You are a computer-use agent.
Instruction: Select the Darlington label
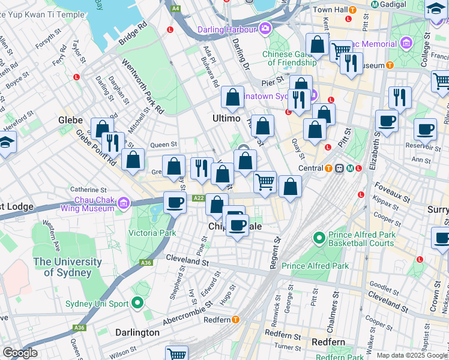click(137, 332)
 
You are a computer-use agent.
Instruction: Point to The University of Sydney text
click(67, 268)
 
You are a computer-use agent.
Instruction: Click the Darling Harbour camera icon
click(265, 29)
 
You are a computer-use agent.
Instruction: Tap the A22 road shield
click(199, 198)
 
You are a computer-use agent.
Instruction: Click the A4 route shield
click(175, 8)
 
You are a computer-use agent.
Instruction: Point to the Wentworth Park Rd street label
click(142, 86)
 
